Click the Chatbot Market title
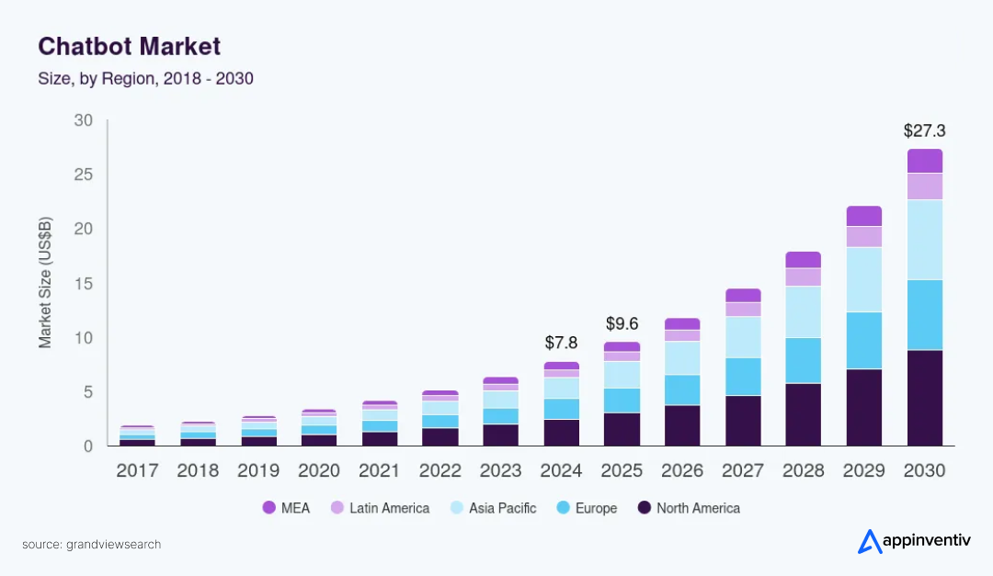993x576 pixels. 129,46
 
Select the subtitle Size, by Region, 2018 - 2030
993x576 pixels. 145,79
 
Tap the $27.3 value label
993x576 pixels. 924,131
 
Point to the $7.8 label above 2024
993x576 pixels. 561,343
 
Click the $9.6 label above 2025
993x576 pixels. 622,323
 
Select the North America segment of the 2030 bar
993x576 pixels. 925,398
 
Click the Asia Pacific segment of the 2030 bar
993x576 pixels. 925,240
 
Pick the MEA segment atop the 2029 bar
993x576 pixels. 864,216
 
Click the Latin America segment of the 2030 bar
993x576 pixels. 925,186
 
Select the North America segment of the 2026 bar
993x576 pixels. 682,425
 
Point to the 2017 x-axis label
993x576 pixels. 137,470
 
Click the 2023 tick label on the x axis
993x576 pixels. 500,470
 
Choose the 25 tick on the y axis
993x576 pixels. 84,175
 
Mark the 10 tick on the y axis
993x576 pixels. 84,338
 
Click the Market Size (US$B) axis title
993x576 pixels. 45,282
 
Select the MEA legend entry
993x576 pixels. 287,508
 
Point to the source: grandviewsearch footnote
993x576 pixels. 91,545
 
